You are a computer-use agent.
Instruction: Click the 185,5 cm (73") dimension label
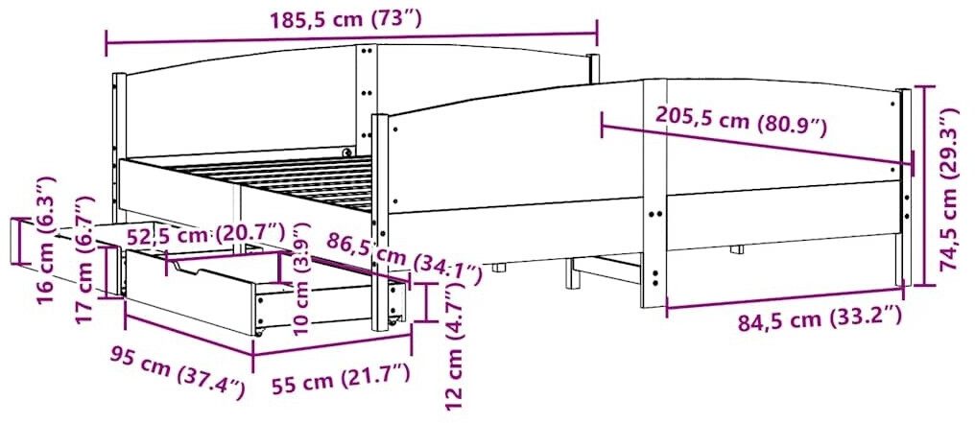pyautogui.click(x=345, y=19)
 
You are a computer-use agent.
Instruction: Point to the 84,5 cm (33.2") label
pyautogui.click(x=819, y=320)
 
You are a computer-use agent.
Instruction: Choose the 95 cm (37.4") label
pyautogui.click(x=178, y=373)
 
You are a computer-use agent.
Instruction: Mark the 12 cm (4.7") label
pyautogui.click(x=455, y=345)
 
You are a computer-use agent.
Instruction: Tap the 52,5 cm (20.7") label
pyautogui.click(x=205, y=235)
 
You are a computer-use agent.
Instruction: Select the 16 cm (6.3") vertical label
pyautogui.click(x=47, y=239)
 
